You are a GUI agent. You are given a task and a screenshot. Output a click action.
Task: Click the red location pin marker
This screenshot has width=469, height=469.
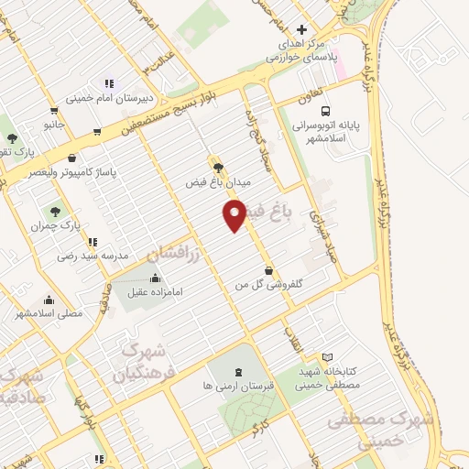coord(234,216)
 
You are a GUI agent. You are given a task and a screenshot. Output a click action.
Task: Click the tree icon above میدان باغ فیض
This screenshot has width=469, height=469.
coord(217,166)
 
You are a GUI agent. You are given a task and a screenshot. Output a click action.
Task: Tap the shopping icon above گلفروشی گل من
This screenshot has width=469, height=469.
coord(267,271)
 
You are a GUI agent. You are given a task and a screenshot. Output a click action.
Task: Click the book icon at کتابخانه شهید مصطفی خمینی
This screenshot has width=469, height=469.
coord(328,357)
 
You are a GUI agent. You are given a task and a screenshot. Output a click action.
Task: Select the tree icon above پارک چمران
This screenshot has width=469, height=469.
coord(63,210)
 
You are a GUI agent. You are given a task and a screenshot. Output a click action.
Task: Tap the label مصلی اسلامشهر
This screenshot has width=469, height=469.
coord(49,312)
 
